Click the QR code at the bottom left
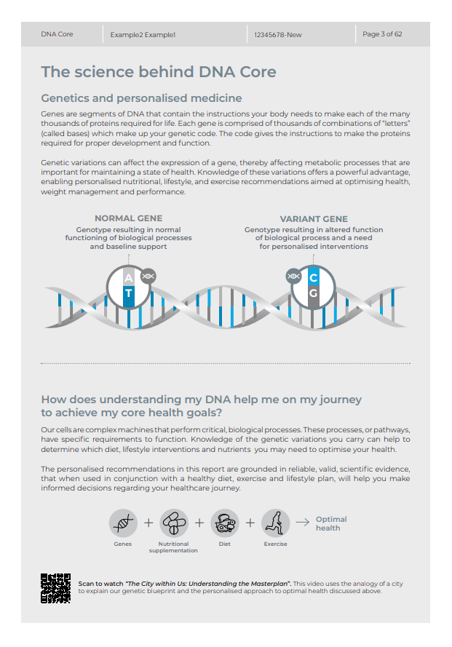pos(55,588)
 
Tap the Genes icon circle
pos(123,523)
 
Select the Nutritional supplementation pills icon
pos(174,523)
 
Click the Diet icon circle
pos(225,523)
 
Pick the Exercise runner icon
pos(275,523)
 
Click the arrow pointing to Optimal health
pos(301,523)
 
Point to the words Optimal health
pos(330,523)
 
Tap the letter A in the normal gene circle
pos(129,278)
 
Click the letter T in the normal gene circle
pos(129,294)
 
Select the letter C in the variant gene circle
pos(314,278)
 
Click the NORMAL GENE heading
pos(129,218)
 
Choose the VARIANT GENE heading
pos(314,219)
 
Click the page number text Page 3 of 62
pos(382,34)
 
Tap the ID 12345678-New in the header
pos(278,34)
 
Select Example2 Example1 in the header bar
pos(143,34)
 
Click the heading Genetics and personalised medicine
pos(141,98)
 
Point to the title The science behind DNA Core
pos(159,71)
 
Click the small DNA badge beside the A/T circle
pos(148,276)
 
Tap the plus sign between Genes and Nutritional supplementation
pos(148,523)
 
